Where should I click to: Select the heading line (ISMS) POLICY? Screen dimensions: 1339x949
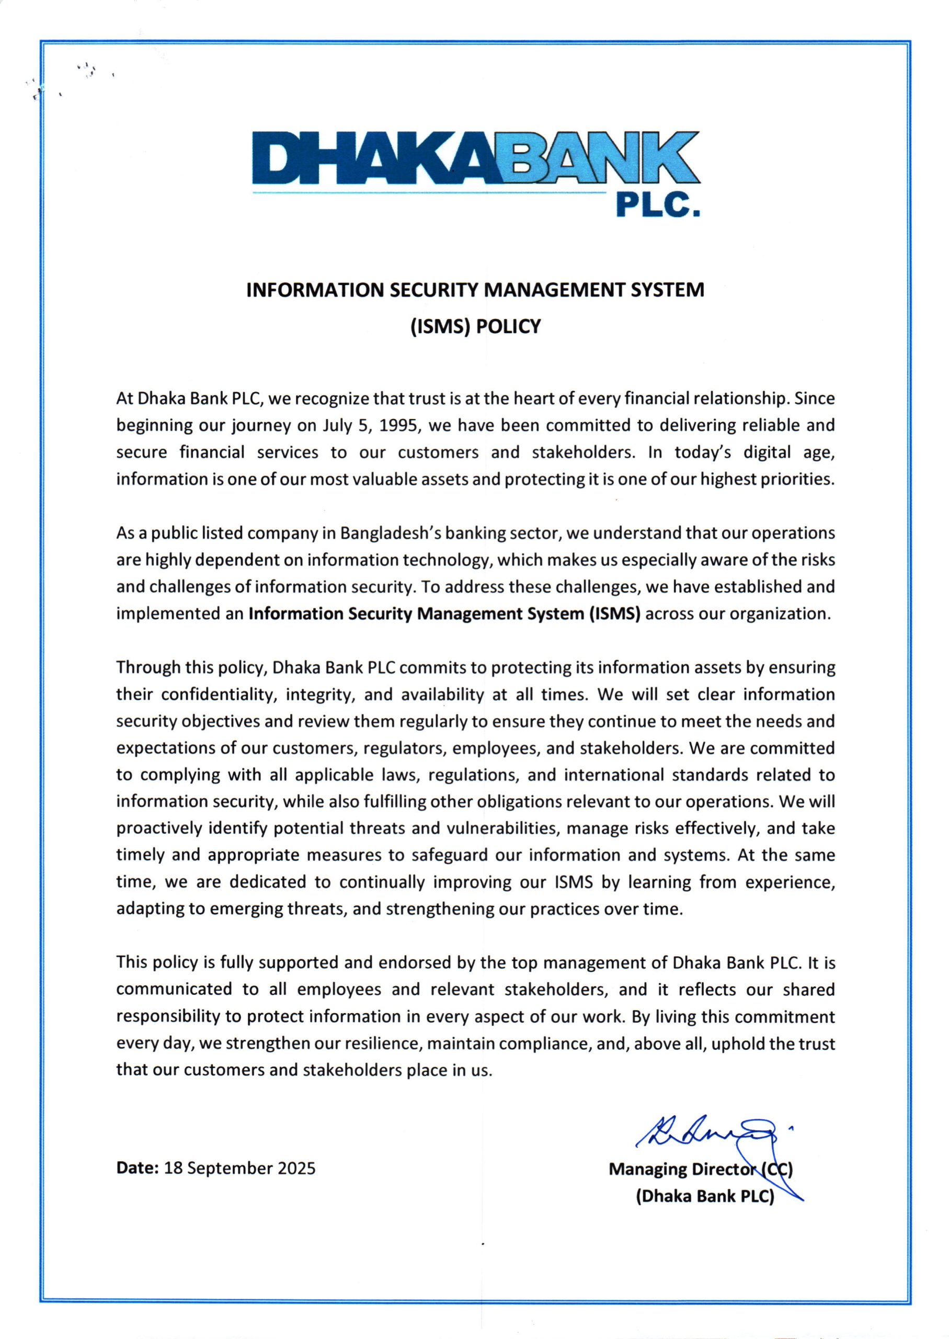click(x=475, y=326)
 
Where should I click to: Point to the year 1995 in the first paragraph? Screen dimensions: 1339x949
click(x=399, y=425)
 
